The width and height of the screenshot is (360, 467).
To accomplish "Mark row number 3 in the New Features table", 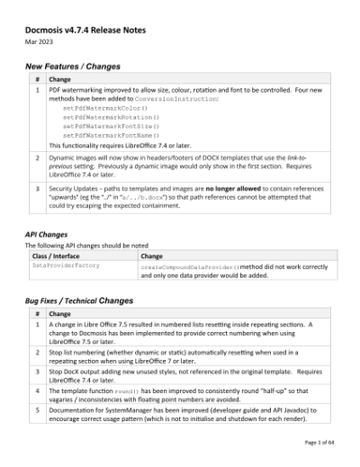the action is click(x=37, y=189).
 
